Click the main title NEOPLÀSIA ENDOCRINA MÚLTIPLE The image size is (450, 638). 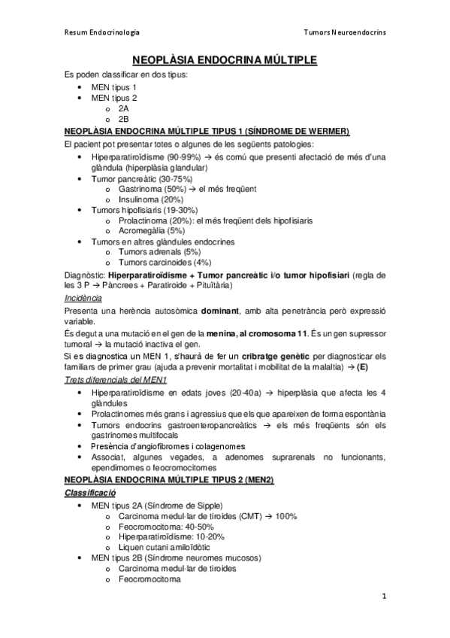point(225,59)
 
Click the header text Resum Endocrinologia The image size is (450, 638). point(101,33)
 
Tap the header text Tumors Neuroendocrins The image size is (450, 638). point(344,33)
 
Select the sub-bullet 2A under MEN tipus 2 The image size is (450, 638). point(124,108)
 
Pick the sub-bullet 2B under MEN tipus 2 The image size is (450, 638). point(124,119)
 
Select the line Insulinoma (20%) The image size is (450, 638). point(150,199)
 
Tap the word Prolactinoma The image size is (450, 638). point(142,220)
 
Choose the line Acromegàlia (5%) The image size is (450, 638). point(151,231)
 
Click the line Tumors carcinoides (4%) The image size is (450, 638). point(165,263)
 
